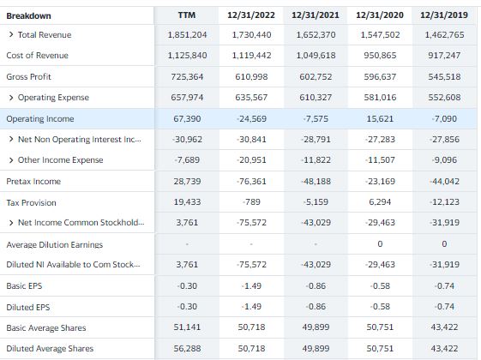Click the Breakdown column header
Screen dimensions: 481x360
pos(28,15)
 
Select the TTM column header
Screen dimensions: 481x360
pos(187,15)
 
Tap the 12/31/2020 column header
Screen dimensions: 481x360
pos(380,15)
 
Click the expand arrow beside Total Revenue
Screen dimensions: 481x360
pos(11,34)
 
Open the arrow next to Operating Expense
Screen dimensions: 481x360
pos(11,98)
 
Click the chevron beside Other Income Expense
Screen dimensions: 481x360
pos(11,160)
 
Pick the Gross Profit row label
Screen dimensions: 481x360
pos(28,76)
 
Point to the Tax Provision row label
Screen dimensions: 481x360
pos(31,202)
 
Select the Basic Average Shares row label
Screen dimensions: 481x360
pos(46,327)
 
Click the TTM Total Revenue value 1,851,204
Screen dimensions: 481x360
pos(187,34)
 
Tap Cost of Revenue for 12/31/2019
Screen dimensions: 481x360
pos(444,55)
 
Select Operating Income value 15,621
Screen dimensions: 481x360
pos(380,118)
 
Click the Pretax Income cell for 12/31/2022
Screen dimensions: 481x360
pos(251,181)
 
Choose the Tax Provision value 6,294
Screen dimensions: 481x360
pos(380,201)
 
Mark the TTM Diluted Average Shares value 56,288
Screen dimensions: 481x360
pos(187,348)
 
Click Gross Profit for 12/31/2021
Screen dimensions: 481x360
pos(316,76)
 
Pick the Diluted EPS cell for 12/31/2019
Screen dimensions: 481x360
pos(444,306)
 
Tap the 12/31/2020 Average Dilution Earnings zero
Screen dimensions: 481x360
pos(380,243)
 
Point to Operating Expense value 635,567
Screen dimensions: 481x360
pos(251,97)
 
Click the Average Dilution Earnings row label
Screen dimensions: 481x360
pos(55,244)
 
